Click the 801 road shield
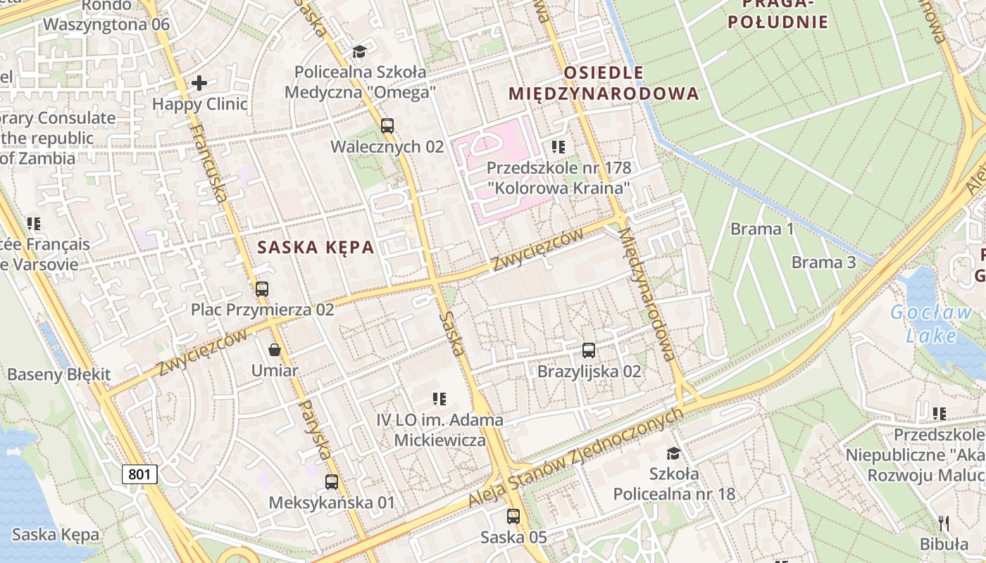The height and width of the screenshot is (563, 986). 139,474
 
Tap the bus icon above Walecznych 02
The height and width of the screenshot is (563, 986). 387,126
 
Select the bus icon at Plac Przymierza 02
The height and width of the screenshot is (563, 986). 262,289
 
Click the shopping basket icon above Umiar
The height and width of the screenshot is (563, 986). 275,350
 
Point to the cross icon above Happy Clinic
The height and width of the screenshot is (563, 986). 199,83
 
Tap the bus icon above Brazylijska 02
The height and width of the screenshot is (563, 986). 589,350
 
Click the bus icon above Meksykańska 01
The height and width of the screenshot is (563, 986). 332,482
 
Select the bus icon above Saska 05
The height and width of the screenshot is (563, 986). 513,516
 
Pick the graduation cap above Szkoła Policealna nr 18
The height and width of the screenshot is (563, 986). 674,453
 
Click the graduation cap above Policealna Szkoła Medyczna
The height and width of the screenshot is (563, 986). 360,51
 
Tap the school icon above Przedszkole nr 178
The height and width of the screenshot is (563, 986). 558,147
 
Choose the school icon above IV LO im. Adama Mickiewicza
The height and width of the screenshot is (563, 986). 439,399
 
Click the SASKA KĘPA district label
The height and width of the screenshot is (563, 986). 316,248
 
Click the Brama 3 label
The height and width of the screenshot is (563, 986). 823,262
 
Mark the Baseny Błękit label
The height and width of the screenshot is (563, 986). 59,374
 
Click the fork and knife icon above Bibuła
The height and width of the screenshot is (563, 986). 944,523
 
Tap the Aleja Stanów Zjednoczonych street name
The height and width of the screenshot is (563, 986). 576,457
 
